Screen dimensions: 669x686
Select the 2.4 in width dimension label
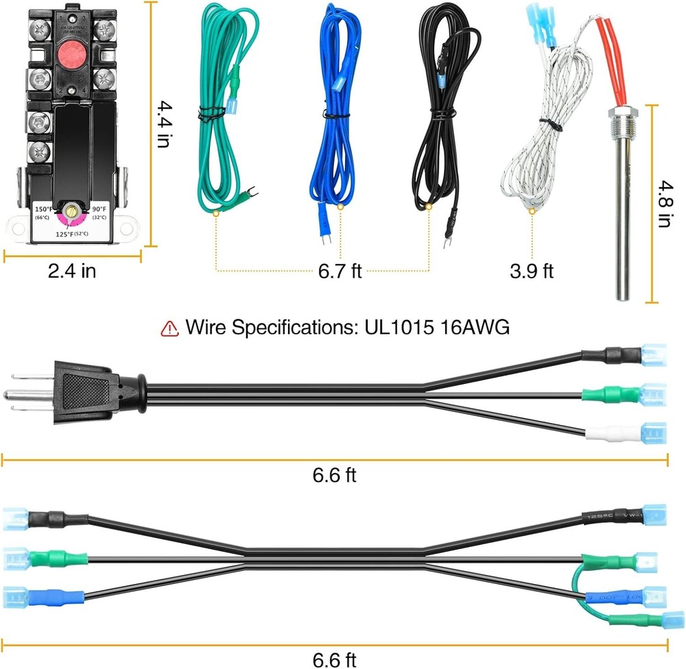72,271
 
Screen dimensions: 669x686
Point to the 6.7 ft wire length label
339,272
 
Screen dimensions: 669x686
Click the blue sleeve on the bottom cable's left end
58,596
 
